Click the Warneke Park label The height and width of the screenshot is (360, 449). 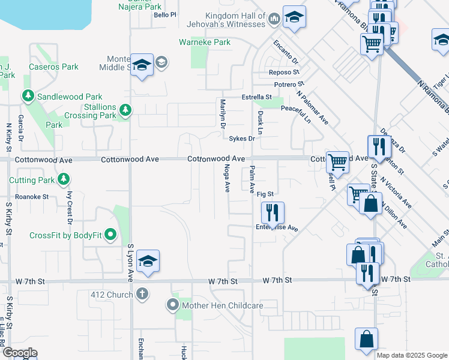pos(205,43)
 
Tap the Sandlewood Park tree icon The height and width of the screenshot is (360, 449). pos(28,96)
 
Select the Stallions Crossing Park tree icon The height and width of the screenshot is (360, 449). pos(125,110)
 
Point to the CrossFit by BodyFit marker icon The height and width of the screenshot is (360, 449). pos(110,235)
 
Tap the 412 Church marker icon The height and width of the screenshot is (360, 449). pos(142,294)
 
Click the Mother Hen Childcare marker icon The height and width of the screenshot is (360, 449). pos(173,306)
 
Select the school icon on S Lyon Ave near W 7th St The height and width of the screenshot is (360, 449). pos(148,262)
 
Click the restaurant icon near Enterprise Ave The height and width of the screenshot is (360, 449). pos(273,212)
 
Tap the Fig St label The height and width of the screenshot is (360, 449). pos(265,194)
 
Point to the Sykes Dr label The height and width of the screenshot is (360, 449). pos(243,139)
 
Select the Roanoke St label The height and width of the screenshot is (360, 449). pos(32,196)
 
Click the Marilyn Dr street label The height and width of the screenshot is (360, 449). pos(222,114)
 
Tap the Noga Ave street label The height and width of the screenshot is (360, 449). pos(227,179)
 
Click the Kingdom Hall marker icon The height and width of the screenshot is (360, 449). pos(274,19)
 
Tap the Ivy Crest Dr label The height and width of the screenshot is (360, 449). pos(70,208)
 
